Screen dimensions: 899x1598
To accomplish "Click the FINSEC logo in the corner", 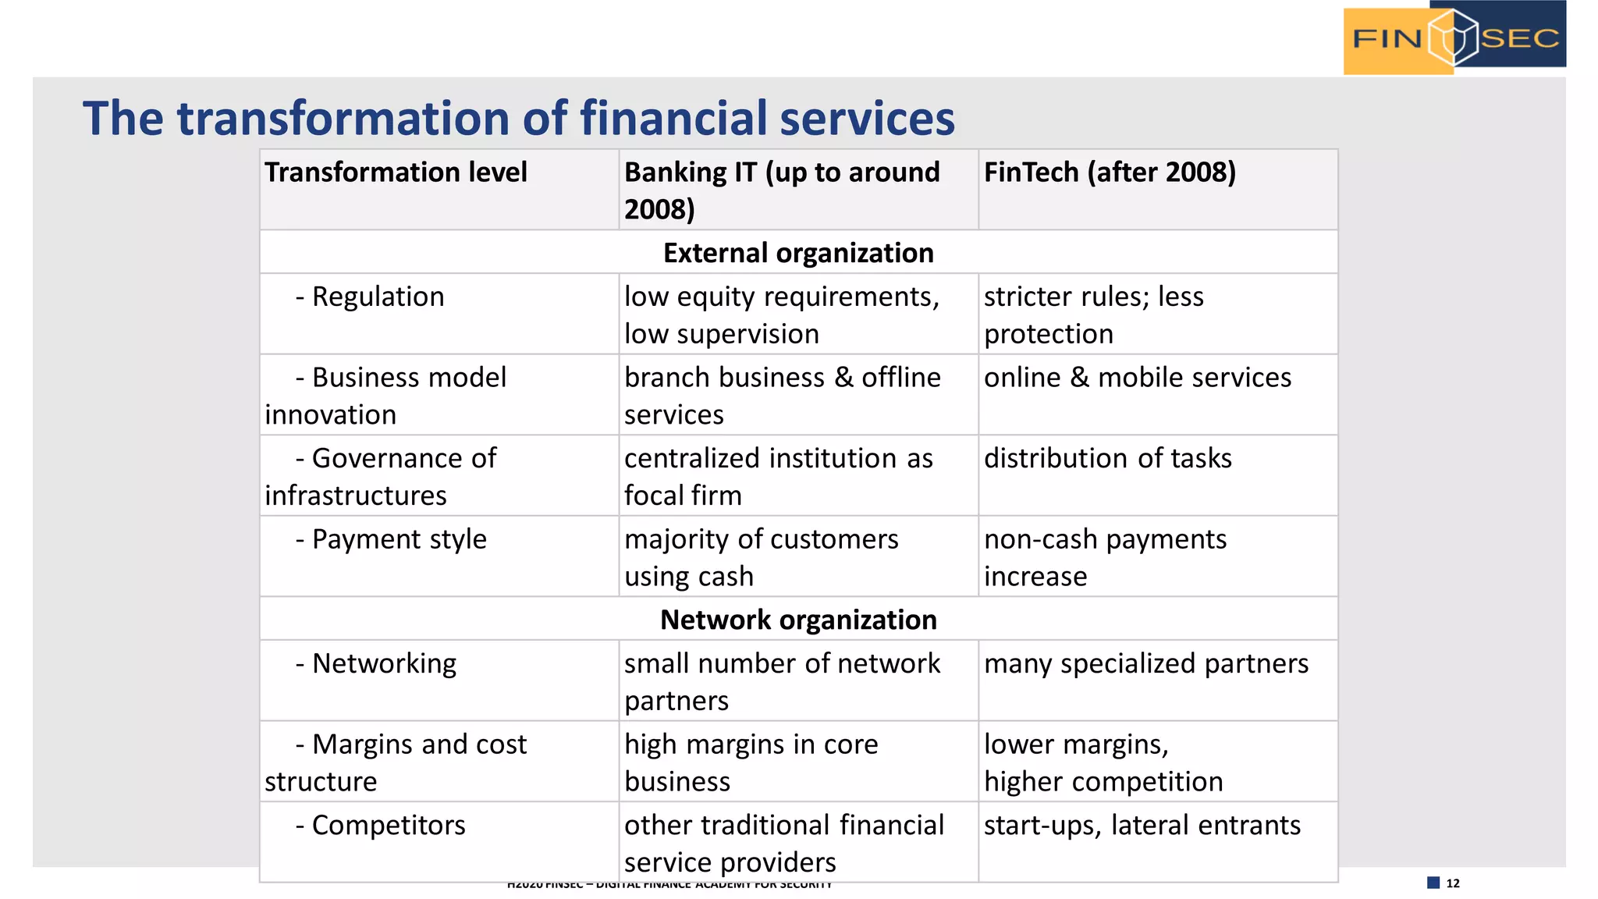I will [1454, 37].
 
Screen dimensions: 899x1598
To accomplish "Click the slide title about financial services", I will [519, 119].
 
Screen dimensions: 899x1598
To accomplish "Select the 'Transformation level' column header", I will [396, 172].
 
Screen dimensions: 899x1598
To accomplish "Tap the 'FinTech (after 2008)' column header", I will [1110, 172].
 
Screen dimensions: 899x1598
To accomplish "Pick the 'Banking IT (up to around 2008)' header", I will [782, 190].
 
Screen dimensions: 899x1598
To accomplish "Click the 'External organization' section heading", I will [798, 253].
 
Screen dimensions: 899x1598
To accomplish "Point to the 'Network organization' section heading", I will [798, 620].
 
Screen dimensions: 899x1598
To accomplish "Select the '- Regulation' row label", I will [370, 297].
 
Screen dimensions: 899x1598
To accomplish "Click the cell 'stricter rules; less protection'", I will [1093, 315].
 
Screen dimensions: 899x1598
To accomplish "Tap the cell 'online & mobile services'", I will [1137, 378].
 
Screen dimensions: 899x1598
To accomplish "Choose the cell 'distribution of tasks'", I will [1107, 459].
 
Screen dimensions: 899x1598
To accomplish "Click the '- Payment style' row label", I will [391, 539].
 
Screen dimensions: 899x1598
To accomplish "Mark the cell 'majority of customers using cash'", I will [761, 557].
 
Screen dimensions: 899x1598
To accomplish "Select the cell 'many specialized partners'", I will [1145, 664].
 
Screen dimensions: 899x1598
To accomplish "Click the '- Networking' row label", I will [376, 664].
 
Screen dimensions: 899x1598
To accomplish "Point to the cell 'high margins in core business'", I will [751, 762].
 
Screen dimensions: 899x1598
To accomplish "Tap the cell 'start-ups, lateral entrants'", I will [1142, 826].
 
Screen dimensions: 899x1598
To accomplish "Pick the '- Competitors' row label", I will [381, 826].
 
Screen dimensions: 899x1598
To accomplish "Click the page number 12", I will [1452, 883].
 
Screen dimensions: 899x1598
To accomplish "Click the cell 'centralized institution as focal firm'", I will [778, 477].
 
